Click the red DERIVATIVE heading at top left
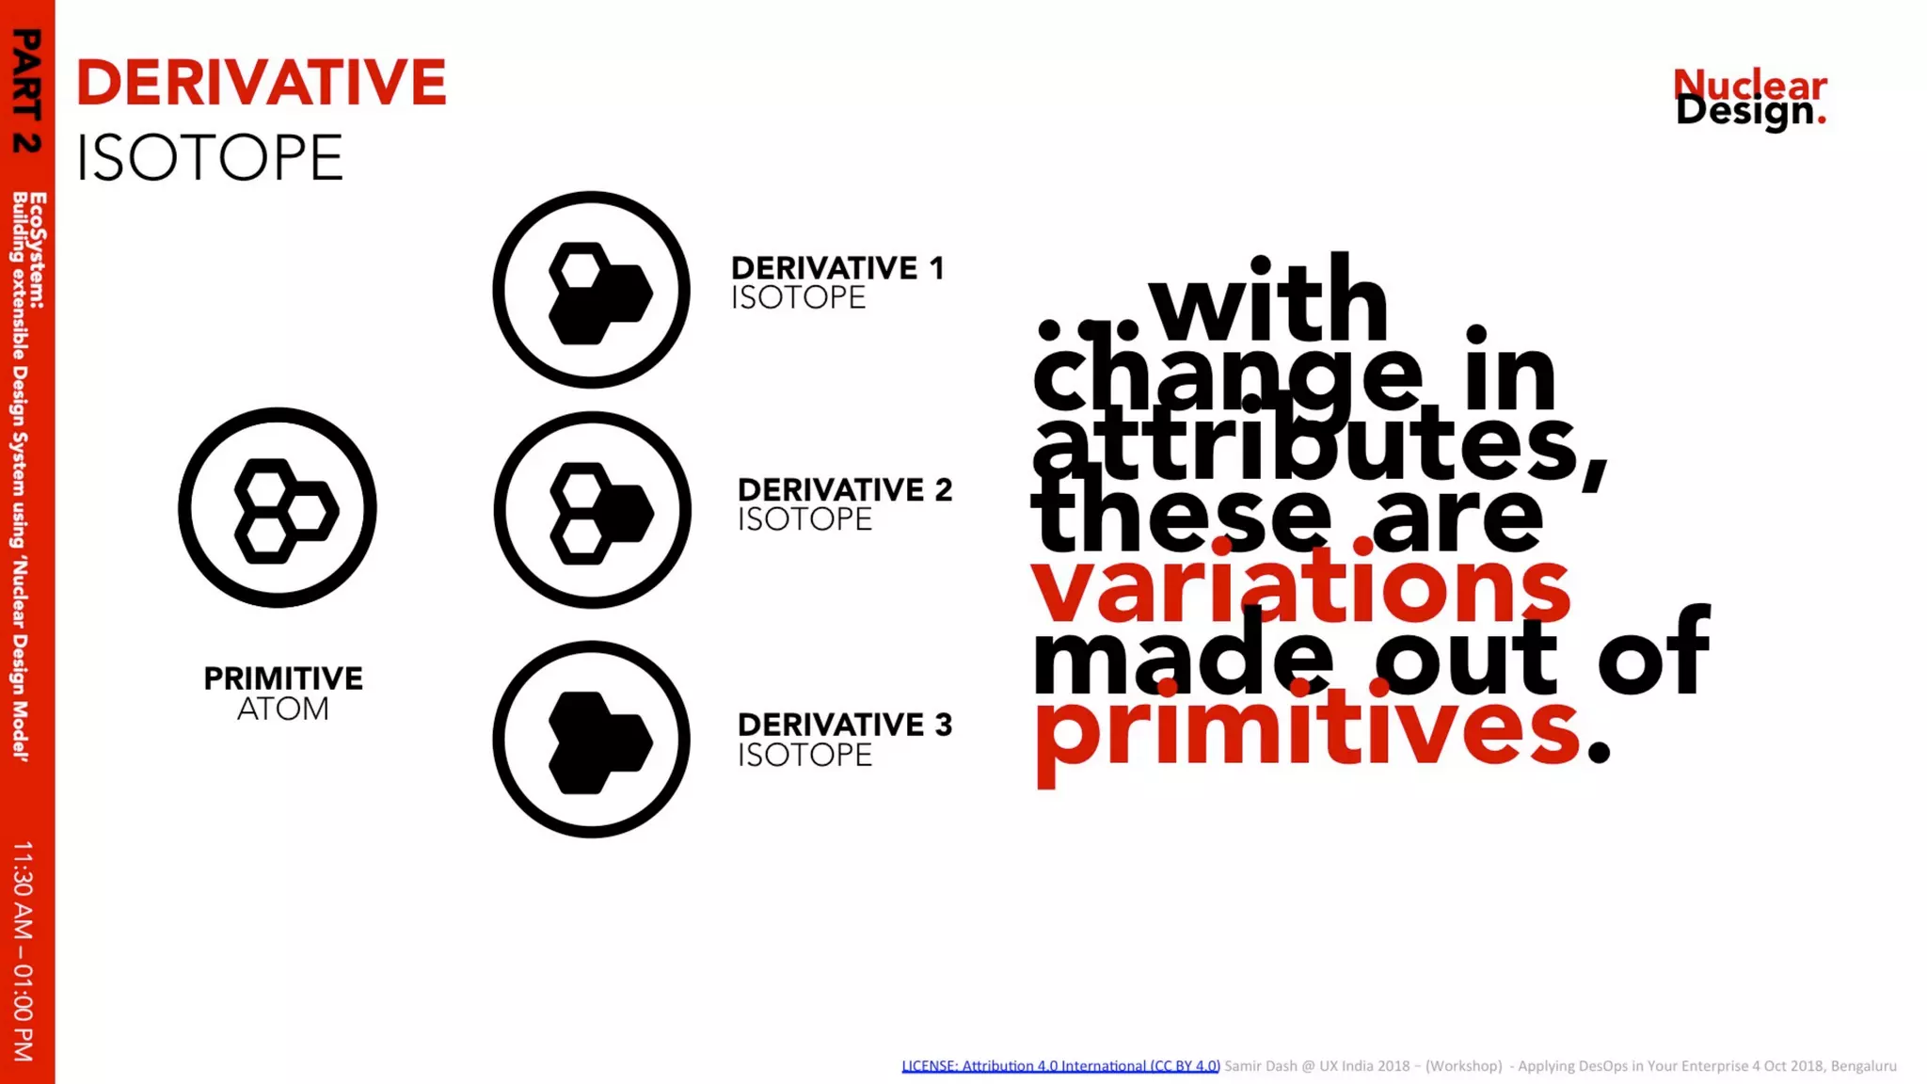pyautogui.click(x=261, y=83)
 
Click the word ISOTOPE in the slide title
pyautogui.click(x=209, y=157)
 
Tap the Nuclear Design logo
pyautogui.click(x=1750, y=98)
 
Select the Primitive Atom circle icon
pyautogui.click(x=278, y=508)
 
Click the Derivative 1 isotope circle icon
pyautogui.click(x=592, y=290)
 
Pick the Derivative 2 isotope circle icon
pyautogui.click(x=592, y=510)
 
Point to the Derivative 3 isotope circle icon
pyautogui.click(x=592, y=740)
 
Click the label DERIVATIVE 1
pyautogui.click(x=836, y=268)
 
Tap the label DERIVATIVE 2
pyautogui.click(x=844, y=489)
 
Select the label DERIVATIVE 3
pyautogui.click(x=844, y=725)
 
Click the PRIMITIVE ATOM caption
pyautogui.click(x=282, y=693)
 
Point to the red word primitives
pyautogui.click(x=1308, y=729)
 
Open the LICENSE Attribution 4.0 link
pyautogui.click(x=1060, y=1066)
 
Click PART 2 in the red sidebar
pyautogui.click(x=26, y=90)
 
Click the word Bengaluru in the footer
pyautogui.click(x=1863, y=1066)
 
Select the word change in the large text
pyautogui.click(x=1228, y=375)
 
